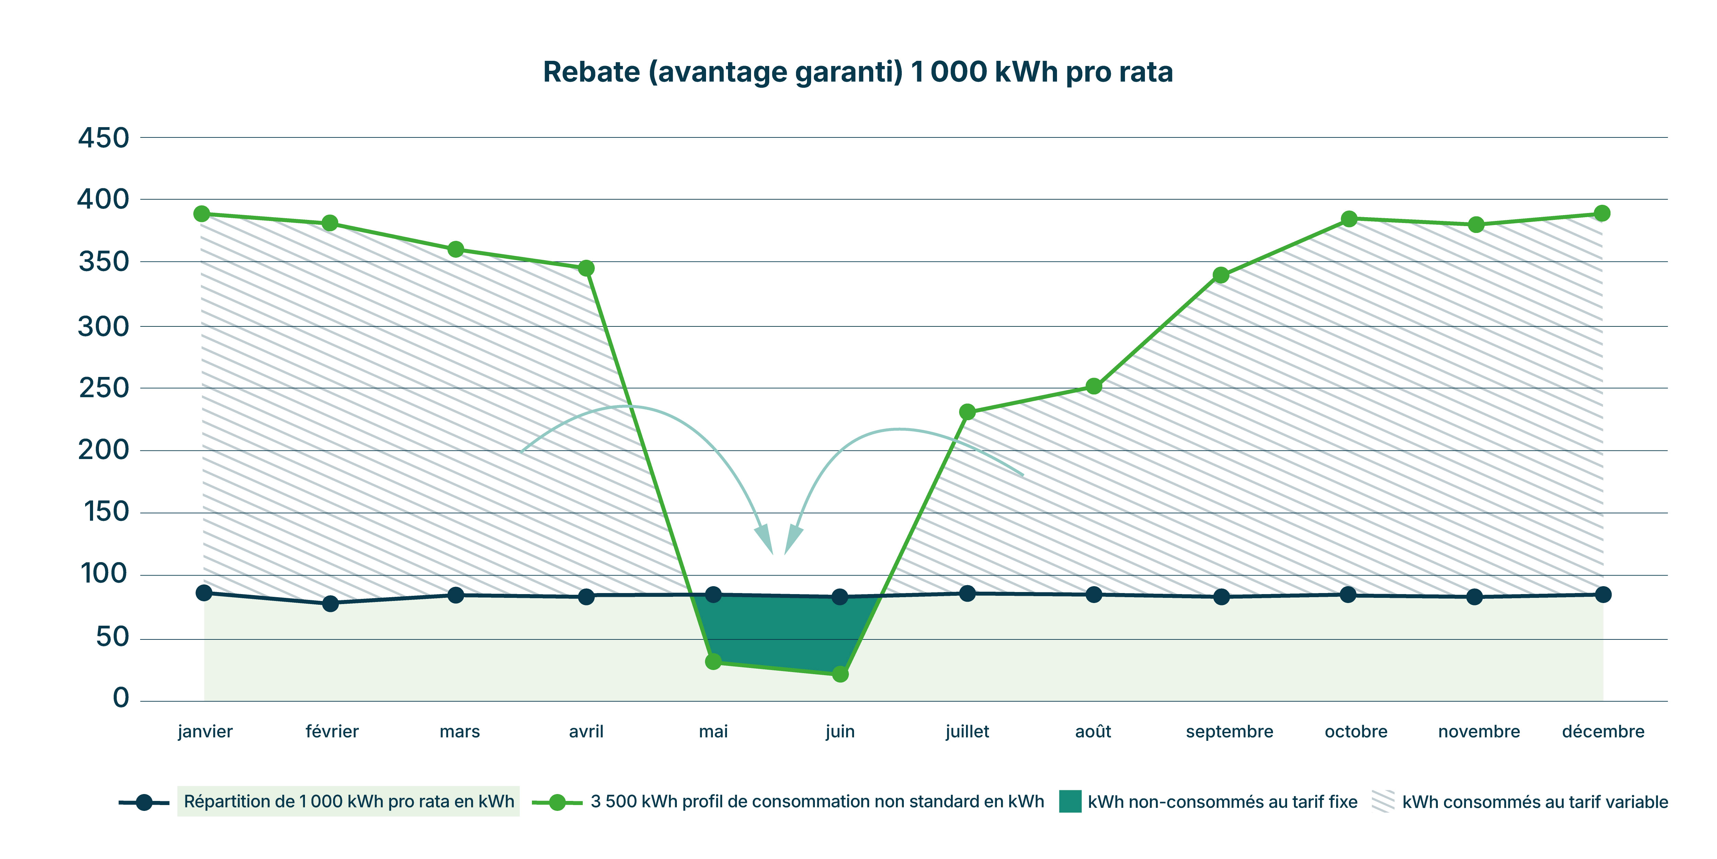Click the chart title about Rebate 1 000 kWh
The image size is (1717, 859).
[x=858, y=72]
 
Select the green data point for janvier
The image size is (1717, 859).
[x=202, y=214]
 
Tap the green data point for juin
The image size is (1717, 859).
[x=841, y=674]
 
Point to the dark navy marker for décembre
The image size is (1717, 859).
[x=1603, y=594]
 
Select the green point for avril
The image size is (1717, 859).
[x=586, y=268]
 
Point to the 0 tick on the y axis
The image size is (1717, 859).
[x=121, y=698]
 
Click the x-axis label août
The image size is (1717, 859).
[x=1093, y=732]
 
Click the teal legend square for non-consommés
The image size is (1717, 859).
[x=1070, y=801]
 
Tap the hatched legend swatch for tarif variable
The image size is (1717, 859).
[x=1383, y=801]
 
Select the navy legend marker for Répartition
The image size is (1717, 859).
[x=144, y=802]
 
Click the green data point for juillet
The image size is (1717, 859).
[x=967, y=412]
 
